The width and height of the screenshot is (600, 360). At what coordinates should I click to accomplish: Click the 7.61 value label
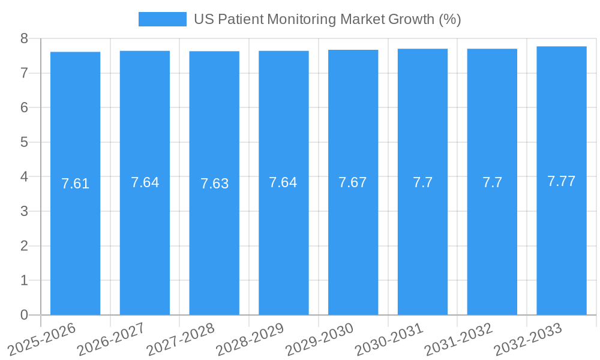75,184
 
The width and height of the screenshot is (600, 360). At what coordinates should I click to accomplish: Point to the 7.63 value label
214,184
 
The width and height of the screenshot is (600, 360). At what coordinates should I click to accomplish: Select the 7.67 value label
353,182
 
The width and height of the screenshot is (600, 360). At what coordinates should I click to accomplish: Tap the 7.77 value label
562,181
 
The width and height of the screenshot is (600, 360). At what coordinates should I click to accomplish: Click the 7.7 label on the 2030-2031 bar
422,182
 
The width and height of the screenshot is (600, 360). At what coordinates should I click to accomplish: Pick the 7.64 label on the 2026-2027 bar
145,182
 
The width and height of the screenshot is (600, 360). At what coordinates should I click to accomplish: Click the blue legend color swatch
162,19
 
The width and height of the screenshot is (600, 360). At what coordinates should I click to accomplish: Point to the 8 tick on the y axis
24,38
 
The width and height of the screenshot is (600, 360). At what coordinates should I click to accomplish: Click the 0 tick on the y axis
24,315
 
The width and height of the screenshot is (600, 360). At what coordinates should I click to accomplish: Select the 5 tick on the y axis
24,142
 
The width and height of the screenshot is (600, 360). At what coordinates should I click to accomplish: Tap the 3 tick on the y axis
24,211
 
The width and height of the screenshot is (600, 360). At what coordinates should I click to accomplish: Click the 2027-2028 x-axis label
180,339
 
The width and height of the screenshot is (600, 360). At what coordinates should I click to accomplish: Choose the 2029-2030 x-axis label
319,339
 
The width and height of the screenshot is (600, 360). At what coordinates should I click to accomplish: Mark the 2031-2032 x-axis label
458,339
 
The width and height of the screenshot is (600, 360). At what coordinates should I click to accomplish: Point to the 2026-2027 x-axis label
111,339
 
